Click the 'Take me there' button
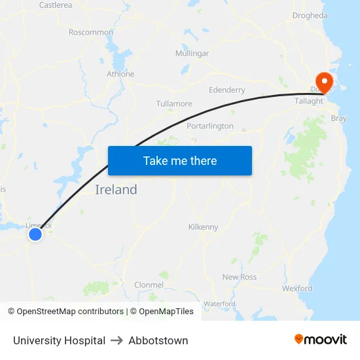pos(180,161)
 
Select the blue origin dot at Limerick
pos(35,234)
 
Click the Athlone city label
pos(120,74)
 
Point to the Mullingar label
pos(192,53)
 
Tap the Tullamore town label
pos(174,103)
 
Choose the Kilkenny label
pos(203,227)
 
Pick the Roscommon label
pos(91,32)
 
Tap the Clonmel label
pos(149,285)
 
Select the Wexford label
pos(297,288)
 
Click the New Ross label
pos(240,277)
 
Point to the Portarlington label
pos(210,126)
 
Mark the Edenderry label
pos(226,90)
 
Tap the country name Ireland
pos(116,190)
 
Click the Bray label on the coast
pos(338,118)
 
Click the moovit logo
pos(321,339)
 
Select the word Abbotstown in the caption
pos(158,340)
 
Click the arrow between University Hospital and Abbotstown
pos(117,340)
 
